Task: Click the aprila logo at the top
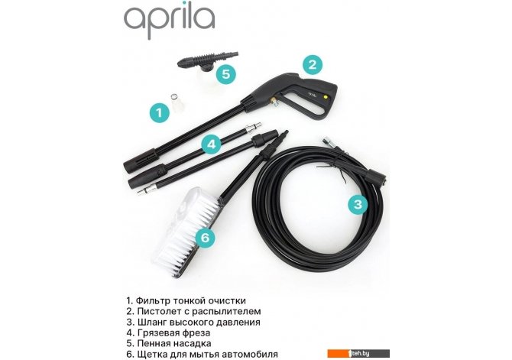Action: [169, 21]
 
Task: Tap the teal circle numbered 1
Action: [160, 112]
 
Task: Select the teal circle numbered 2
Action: [312, 64]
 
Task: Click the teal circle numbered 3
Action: [358, 204]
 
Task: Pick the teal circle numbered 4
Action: [212, 144]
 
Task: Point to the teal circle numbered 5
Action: [226, 74]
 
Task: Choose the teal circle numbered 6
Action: [205, 238]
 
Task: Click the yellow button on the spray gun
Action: [325, 97]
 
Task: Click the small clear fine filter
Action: [177, 102]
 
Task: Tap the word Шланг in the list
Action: [151, 322]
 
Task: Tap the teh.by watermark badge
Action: [358, 353]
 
